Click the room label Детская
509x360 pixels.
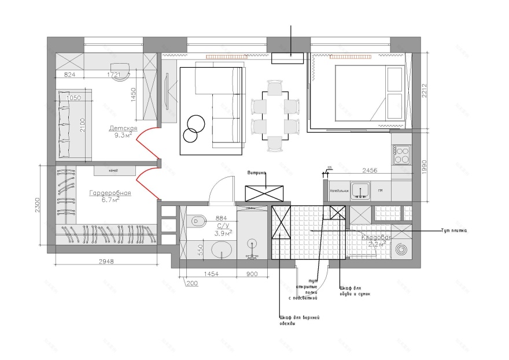click(x=123, y=128)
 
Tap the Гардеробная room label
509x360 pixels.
click(x=110, y=193)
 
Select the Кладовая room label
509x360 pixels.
click(x=377, y=237)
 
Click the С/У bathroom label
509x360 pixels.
click(x=223, y=226)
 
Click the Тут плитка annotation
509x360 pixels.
click(x=453, y=230)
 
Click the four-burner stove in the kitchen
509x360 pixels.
click(x=401, y=155)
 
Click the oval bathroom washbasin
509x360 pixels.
click(x=220, y=250)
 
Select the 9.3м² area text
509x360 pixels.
click(x=123, y=135)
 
